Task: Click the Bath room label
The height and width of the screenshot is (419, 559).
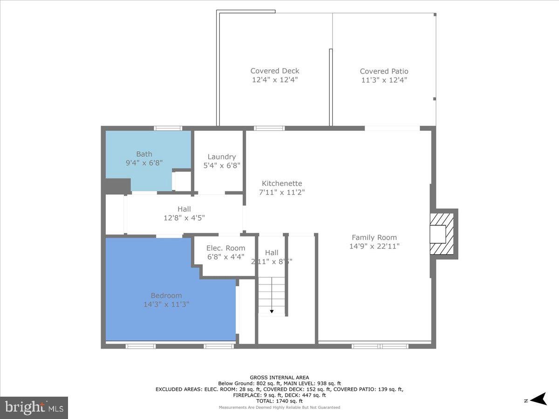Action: pos(144,154)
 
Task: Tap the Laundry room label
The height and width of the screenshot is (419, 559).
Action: pos(221,157)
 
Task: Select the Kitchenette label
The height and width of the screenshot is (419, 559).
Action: pos(282,183)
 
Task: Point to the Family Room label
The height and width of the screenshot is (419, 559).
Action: pos(374,237)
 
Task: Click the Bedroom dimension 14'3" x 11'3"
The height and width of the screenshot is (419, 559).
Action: pos(166,304)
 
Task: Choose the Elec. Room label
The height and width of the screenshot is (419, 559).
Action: pos(225,248)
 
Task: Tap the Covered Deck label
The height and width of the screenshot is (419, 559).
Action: pos(275,71)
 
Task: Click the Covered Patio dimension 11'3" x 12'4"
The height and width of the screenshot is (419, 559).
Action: pos(384,80)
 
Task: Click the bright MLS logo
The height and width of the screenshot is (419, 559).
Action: pos(34,407)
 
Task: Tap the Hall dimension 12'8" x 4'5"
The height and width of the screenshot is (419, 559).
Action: pos(184,217)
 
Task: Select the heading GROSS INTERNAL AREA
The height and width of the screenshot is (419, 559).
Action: pos(279,378)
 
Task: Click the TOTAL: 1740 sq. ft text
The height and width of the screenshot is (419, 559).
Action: pos(279,401)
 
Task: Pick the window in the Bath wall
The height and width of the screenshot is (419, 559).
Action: pos(168,128)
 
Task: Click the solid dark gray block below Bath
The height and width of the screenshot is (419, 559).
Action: pos(116,186)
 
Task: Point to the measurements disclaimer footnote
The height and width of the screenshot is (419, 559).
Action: pos(279,407)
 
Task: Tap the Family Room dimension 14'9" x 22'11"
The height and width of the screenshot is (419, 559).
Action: pos(374,246)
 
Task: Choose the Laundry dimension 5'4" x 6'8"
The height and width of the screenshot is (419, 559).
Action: pos(221,166)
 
